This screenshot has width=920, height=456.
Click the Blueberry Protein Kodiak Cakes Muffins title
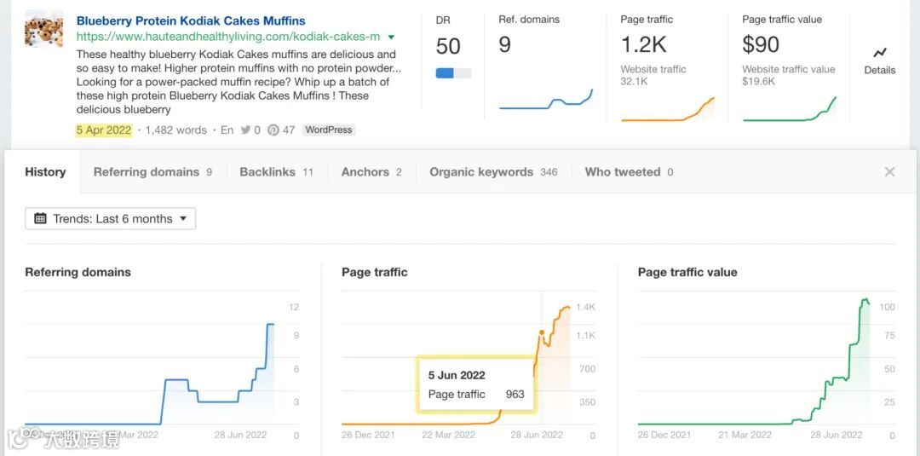191,20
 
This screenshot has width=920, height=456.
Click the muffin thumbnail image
43,29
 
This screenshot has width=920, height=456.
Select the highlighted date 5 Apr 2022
104,130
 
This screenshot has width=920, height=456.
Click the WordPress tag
329,130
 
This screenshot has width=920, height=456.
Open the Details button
879,61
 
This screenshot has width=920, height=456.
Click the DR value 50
448,46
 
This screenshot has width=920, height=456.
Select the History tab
45,172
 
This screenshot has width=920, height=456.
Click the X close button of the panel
889,172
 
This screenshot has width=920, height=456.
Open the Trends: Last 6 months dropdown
111,219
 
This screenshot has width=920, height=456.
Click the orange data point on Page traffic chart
542,333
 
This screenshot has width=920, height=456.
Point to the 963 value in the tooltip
515,395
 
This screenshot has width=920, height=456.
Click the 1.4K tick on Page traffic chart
585,307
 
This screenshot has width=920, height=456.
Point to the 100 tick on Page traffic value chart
888,307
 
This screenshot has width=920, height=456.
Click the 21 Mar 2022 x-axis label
745,435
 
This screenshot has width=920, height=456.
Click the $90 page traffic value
761,44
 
